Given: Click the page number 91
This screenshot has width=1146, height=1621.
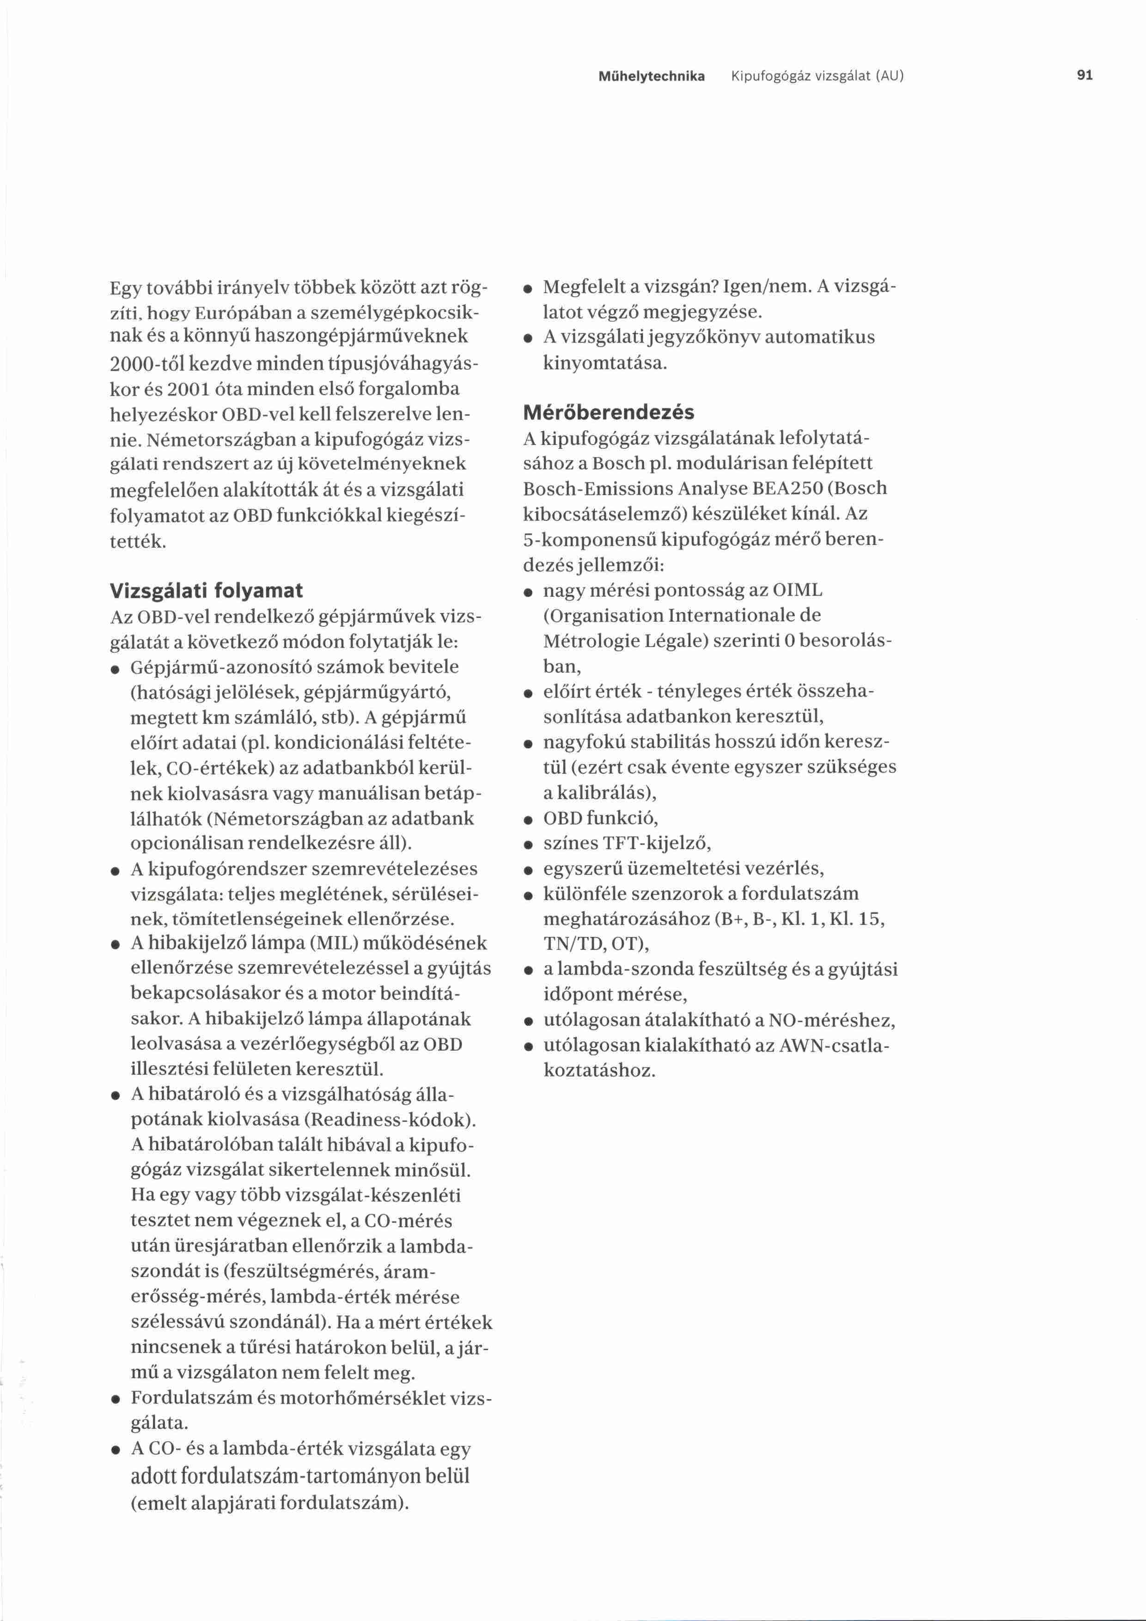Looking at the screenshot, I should pos(1085,75).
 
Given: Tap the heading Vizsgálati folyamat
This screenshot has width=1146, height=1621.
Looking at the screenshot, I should pos(206,590).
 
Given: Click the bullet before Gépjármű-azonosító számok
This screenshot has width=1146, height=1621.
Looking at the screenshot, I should pos(114,668).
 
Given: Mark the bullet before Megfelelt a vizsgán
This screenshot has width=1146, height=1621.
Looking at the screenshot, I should pos(527,289).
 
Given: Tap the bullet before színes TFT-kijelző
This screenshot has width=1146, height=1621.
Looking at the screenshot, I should pos(527,845).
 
